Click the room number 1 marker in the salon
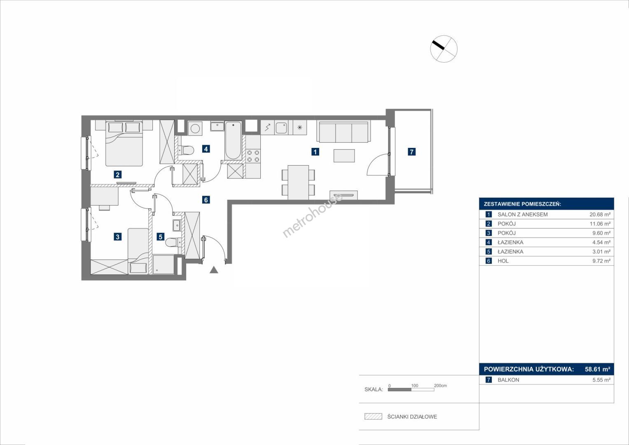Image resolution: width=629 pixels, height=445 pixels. tap(315, 152)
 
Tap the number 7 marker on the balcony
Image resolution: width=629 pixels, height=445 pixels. tap(412, 152)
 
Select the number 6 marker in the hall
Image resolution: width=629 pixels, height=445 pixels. tap(206, 200)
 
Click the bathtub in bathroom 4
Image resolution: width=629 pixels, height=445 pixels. tap(233, 141)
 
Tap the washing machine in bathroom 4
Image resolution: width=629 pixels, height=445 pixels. tap(195, 129)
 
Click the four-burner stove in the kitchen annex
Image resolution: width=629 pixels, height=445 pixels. tap(253, 156)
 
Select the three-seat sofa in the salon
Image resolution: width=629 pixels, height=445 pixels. tap(344, 131)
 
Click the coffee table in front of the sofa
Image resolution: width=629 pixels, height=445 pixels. tap(344, 156)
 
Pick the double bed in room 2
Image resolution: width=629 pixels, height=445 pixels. tap(124, 143)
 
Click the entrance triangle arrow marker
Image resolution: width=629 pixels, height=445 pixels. tap(214, 270)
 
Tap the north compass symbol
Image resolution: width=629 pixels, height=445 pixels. tap(444, 49)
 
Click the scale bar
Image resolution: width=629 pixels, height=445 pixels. tap(411, 390)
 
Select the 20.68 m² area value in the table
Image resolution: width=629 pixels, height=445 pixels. tap(600, 214)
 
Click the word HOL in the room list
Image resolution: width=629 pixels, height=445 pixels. tap(503, 261)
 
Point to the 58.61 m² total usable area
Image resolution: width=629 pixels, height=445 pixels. tap(597, 369)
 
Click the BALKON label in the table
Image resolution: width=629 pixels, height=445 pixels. tap(508, 380)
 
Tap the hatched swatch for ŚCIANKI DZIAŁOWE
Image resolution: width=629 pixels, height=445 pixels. tap(373, 416)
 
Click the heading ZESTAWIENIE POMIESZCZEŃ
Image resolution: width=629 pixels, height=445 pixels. tap(522, 204)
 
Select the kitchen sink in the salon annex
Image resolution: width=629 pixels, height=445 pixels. tap(281, 128)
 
